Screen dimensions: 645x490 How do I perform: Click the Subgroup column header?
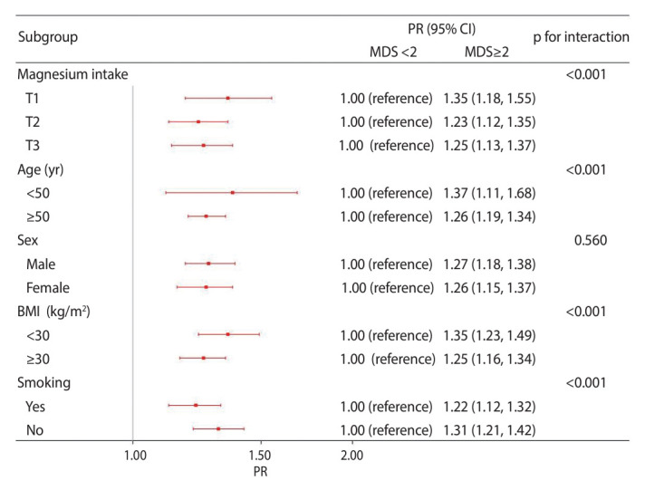(x=48, y=37)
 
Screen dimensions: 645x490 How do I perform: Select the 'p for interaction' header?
(x=581, y=37)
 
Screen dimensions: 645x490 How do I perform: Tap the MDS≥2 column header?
(x=486, y=52)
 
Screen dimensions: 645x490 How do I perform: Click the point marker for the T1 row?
(x=228, y=98)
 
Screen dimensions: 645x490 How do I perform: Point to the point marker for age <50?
(x=233, y=193)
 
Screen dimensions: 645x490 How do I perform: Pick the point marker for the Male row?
(x=208, y=264)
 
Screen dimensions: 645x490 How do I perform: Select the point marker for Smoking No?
(x=218, y=428)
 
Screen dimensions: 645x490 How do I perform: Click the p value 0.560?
(x=591, y=240)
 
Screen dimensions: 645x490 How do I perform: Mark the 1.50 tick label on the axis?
(x=260, y=456)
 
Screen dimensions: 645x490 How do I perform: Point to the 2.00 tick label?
(x=352, y=456)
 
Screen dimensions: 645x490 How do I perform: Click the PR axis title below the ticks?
(x=260, y=471)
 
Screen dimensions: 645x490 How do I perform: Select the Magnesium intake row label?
(x=72, y=74)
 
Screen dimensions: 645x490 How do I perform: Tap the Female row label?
(x=48, y=288)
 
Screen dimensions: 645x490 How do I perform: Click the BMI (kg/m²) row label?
(x=53, y=312)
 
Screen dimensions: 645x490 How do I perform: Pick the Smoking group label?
(x=44, y=383)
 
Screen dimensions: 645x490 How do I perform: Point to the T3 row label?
(x=33, y=146)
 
